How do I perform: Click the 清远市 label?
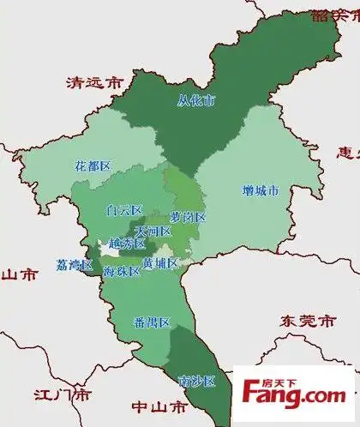pyautogui.click(x=95, y=83)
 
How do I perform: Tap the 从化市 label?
pyautogui.click(x=196, y=100)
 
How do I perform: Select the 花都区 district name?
pyautogui.click(x=93, y=165)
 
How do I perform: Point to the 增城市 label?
pyautogui.click(x=255, y=191)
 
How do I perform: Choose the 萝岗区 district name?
pyautogui.click(x=188, y=217)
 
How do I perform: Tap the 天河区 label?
pyautogui.click(x=153, y=231)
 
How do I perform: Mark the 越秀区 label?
pyautogui.click(x=127, y=244)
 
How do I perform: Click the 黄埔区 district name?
pyautogui.click(x=160, y=262)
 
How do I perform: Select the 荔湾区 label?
pyautogui.click(x=75, y=265)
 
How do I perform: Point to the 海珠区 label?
pyautogui.click(x=122, y=271)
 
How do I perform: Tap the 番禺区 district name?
pyautogui.click(x=153, y=322)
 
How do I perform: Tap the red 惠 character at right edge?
pyautogui.click(x=348, y=153)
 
